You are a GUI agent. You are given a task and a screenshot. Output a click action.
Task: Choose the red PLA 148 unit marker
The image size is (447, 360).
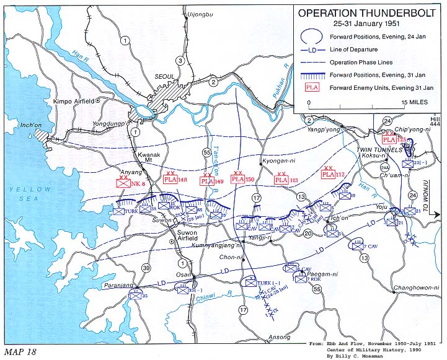(170, 180)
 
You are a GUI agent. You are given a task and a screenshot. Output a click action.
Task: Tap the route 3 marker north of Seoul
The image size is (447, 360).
(180, 60)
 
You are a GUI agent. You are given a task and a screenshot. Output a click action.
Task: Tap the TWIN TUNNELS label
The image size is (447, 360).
(375, 150)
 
